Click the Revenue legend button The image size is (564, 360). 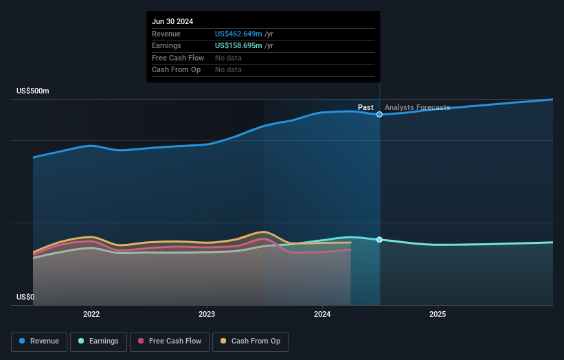[x=39, y=341]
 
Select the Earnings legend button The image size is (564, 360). [x=98, y=341]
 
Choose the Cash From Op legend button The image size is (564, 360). [x=250, y=341]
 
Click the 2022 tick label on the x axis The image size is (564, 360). [x=91, y=314]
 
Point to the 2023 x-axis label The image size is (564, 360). [x=207, y=314]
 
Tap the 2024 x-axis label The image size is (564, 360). [x=322, y=314]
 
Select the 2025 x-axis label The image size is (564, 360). [x=438, y=314]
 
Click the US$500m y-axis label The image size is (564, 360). [x=33, y=91]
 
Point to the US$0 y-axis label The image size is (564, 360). [x=25, y=297]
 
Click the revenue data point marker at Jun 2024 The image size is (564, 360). [x=379, y=114]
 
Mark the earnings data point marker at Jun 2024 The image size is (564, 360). [x=379, y=239]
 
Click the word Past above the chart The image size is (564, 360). [x=365, y=107]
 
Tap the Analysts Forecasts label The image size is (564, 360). [x=418, y=107]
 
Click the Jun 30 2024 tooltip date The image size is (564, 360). [x=172, y=21]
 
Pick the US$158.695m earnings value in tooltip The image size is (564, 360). [x=238, y=45]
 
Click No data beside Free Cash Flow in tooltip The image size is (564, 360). [x=228, y=58]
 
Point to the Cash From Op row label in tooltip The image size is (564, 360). [x=177, y=69]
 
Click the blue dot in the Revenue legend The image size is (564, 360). [x=23, y=341]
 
